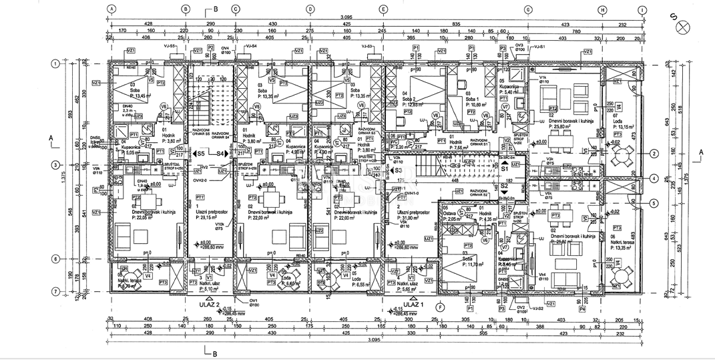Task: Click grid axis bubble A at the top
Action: click(113, 9)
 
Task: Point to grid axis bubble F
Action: click(440, 307)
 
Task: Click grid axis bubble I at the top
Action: click(642, 9)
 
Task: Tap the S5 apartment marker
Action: click(200, 154)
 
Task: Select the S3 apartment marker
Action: click(399, 170)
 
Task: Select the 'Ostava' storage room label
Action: click(450, 213)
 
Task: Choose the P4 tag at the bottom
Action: click(582, 310)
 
